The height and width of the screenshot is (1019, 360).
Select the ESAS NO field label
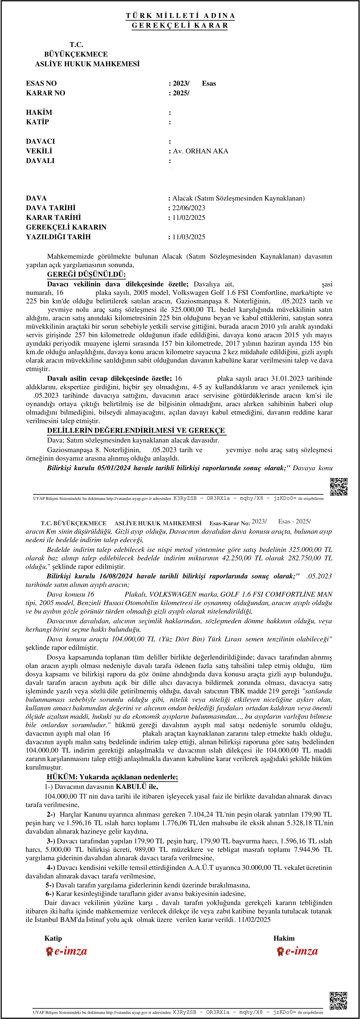tap(41, 83)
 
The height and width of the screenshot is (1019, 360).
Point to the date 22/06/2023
tap(189, 208)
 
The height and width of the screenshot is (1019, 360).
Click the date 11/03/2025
tap(189, 237)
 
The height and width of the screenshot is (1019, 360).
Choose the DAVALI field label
tap(40, 161)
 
